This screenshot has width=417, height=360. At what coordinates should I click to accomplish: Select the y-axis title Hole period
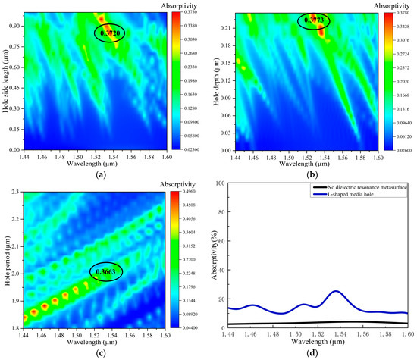tap(7, 261)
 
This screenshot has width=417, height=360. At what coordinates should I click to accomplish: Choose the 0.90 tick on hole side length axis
tap(20, 26)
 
